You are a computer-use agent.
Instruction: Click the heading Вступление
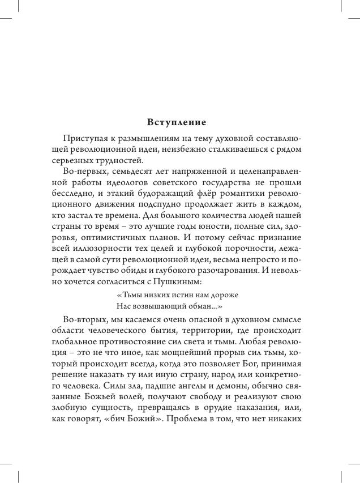tap(177, 122)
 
